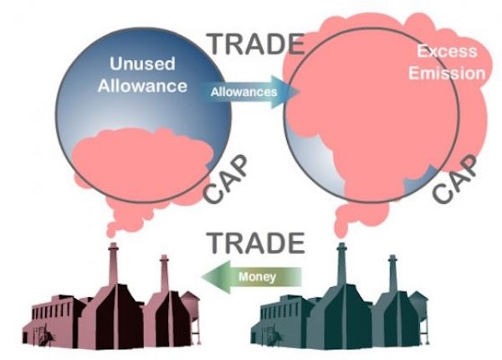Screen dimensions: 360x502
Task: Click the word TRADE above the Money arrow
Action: [x=255, y=242]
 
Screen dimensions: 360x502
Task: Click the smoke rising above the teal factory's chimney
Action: [x=342, y=222]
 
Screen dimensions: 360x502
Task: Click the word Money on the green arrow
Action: [x=257, y=275]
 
